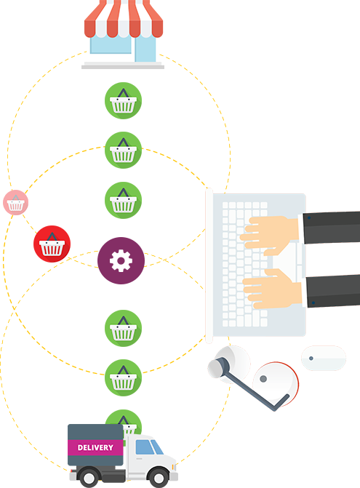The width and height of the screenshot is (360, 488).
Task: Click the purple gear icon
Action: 121,260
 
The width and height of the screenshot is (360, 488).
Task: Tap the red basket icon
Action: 52,244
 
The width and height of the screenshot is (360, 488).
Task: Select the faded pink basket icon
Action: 15,203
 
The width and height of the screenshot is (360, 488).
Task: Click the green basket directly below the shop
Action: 123,100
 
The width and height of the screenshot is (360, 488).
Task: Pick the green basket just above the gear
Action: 123,200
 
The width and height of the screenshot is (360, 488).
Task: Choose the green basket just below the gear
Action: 123,328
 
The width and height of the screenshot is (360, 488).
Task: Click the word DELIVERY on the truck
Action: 95,447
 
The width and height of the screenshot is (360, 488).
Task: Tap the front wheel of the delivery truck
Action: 159,477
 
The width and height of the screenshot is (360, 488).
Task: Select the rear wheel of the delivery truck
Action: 89,477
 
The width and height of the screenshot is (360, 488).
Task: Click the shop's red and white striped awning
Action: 124,19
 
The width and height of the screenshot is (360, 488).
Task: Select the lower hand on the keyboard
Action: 272,289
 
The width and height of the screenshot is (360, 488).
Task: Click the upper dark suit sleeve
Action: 332,228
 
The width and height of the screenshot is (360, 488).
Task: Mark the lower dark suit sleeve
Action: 333,291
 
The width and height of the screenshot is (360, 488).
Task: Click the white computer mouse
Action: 324,358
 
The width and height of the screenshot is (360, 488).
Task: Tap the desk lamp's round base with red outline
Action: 276,384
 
